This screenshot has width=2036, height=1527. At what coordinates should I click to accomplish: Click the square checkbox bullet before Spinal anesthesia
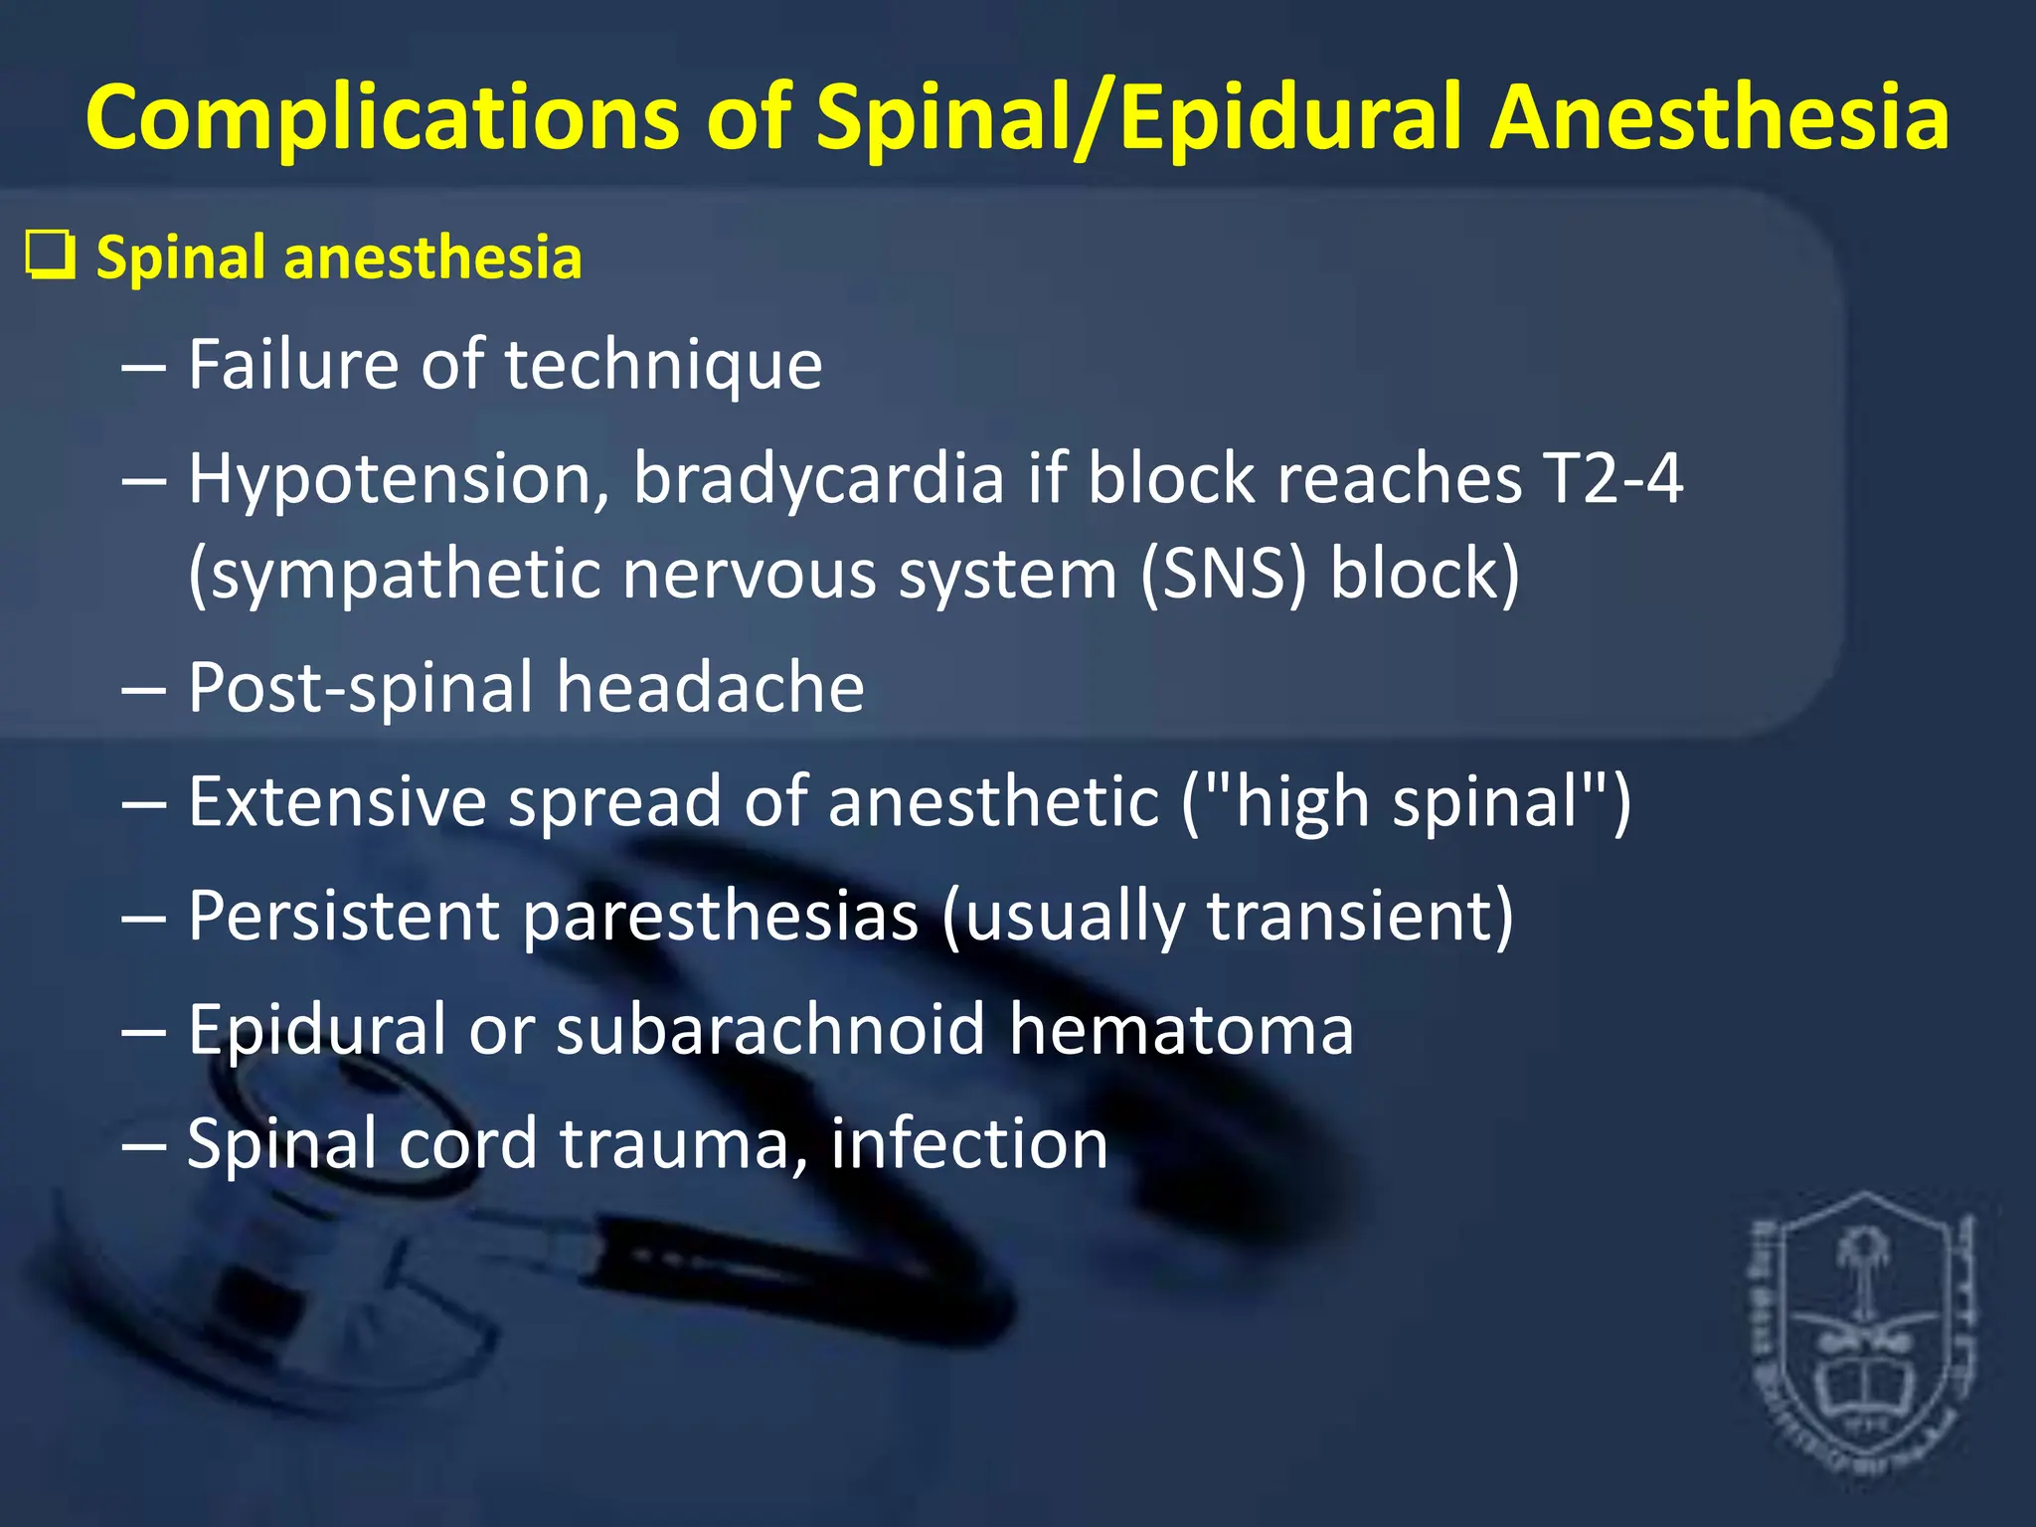click(50, 256)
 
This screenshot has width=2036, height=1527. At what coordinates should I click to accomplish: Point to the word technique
click(664, 366)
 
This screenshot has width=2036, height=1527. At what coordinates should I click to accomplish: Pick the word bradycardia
click(819, 477)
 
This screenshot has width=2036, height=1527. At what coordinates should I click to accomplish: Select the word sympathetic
click(394, 576)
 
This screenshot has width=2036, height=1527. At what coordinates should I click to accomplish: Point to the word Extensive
click(337, 800)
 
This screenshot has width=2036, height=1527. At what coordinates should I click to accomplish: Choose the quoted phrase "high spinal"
click(1406, 801)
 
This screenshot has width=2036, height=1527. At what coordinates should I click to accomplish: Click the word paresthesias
click(720, 916)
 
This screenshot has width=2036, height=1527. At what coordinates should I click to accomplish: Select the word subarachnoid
click(770, 1029)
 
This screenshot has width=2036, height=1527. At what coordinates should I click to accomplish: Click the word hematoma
click(1181, 1029)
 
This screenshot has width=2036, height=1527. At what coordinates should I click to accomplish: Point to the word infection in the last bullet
click(969, 1143)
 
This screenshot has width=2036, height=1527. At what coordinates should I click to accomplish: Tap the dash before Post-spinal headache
click(143, 688)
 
